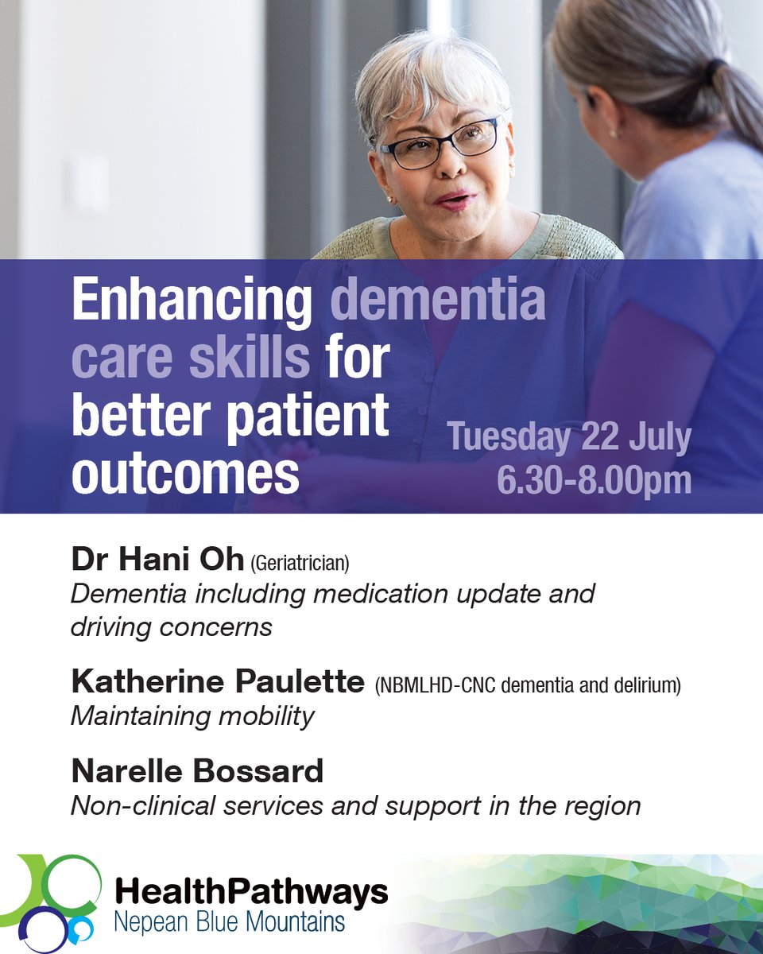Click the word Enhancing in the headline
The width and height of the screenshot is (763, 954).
tap(192, 303)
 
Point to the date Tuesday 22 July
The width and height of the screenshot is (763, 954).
tap(568, 439)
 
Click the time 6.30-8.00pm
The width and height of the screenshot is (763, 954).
tap(594, 479)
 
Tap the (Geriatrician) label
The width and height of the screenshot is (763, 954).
tap(300, 564)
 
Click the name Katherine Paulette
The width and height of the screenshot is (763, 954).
tap(217, 681)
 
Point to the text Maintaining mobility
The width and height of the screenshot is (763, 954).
tap(192, 716)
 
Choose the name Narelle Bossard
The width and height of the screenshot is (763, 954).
tap(197, 770)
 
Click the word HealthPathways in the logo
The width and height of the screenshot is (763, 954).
tap(251, 893)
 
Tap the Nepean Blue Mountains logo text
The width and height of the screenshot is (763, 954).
tap(230, 922)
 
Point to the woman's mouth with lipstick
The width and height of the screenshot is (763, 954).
tap(455, 199)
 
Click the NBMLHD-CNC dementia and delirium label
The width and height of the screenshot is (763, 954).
tap(529, 686)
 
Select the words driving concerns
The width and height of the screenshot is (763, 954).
tap(171, 626)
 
